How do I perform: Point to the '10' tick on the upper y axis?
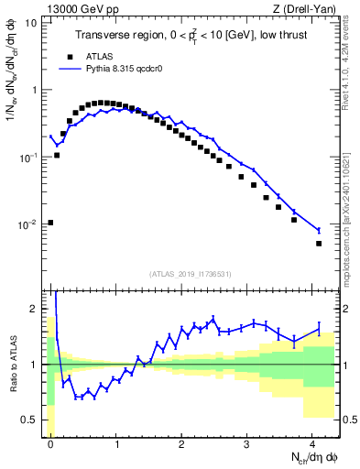(31, 23)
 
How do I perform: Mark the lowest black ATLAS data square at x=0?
(50, 223)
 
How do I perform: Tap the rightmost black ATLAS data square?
(319, 244)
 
